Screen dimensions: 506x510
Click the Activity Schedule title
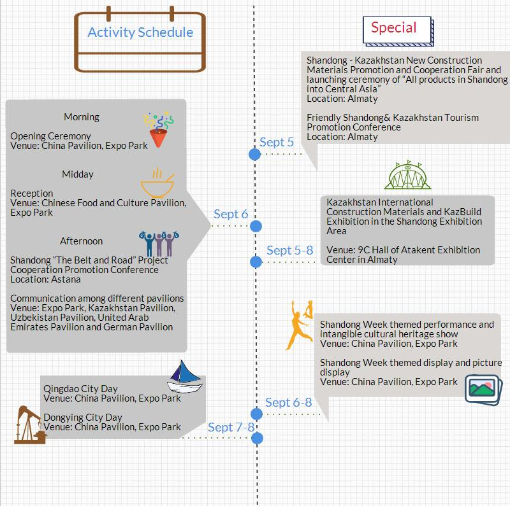140,32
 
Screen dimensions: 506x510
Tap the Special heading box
394,28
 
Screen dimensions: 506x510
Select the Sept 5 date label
277,142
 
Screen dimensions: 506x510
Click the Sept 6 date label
231,214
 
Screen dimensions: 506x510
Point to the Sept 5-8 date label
289,250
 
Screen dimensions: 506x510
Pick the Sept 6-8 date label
288,402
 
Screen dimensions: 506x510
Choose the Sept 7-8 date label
231,426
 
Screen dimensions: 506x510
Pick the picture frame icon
481,388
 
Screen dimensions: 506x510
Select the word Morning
82,117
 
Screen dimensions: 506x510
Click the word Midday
78,174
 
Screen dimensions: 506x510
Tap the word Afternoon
81,241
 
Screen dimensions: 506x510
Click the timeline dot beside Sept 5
255,153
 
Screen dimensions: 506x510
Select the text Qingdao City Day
80,389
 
